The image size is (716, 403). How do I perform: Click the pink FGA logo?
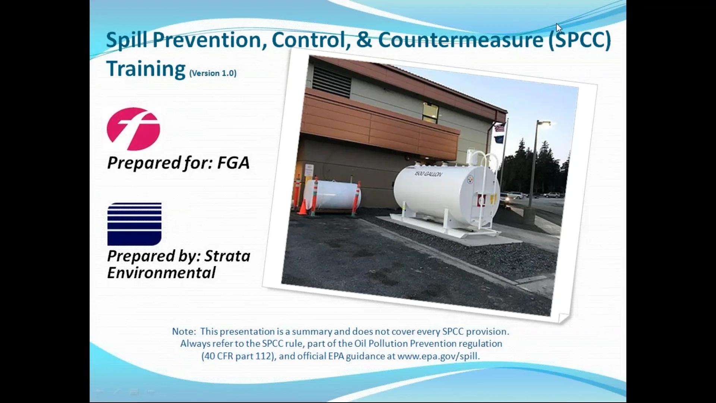(x=133, y=129)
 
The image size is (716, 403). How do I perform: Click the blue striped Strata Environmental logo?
(x=134, y=224)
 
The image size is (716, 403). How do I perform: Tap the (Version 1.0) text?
(x=213, y=73)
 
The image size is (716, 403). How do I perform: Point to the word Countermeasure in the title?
(x=461, y=40)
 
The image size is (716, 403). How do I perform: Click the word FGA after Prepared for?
(x=233, y=163)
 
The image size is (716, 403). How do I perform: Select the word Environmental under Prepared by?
(x=161, y=273)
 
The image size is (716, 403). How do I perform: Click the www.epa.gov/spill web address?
(x=438, y=356)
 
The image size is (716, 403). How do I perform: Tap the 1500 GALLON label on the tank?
(x=428, y=174)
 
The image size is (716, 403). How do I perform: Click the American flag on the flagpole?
(x=500, y=128)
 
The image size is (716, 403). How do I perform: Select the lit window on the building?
(x=430, y=112)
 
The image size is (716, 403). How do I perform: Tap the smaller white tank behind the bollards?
(x=332, y=194)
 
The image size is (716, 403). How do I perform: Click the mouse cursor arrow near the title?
(x=558, y=28)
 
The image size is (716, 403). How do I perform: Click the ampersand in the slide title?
(x=364, y=40)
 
